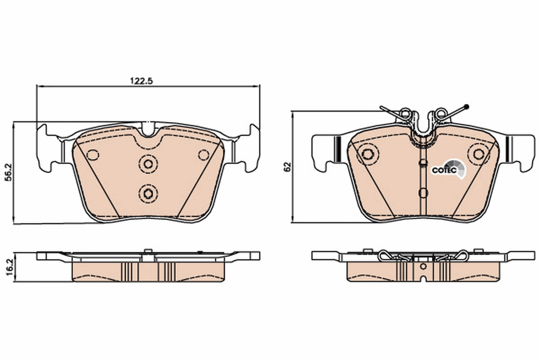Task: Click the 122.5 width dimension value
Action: (x=142, y=81)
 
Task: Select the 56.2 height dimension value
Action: (x=8, y=172)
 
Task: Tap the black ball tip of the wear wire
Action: (x=467, y=107)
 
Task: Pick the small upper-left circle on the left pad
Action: (x=93, y=155)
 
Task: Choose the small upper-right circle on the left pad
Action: (x=204, y=155)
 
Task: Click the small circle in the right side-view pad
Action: (x=423, y=266)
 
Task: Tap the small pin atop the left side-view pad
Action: (x=148, y=251)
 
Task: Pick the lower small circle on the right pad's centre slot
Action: (x=423, y=193)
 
